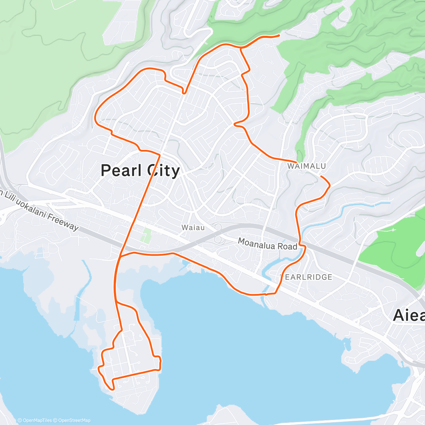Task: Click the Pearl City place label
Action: [x=140, y=171]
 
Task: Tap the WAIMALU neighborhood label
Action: [x=306, y=166]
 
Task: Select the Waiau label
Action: [x=193, y=227]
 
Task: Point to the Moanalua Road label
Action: [x=267, y=244]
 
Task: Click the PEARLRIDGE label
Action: [x=307, y=277]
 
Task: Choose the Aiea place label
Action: [x=409, y=315]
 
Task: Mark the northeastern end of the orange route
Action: [x=279, y=35]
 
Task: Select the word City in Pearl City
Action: [x=164, y=171]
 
